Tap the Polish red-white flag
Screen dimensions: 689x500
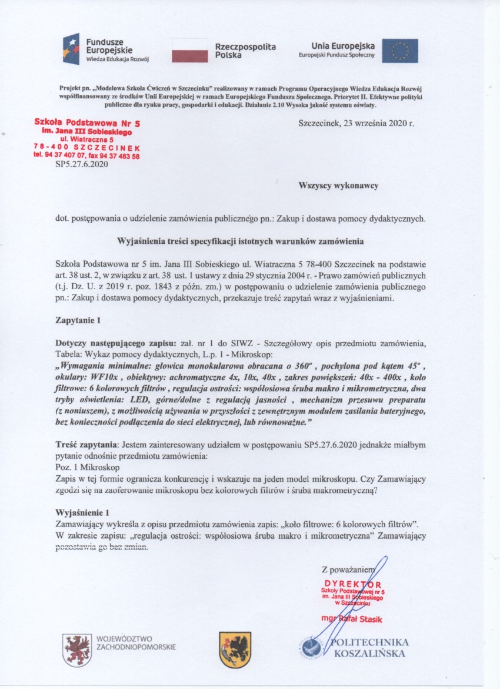click(189, 51)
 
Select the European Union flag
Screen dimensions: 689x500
click(400, 51)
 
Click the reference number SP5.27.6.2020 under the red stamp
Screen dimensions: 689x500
click(82, 165)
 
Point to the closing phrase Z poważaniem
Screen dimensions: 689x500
click(348, 569)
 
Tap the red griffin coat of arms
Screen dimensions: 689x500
click(77, 650)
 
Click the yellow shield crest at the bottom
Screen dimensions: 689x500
click(235, 650)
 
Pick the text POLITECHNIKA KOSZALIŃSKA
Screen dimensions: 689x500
click(370, 648)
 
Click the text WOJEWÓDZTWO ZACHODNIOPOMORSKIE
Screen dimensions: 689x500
click(135, 642)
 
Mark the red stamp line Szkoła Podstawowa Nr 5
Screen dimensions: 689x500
click(87, 125)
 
